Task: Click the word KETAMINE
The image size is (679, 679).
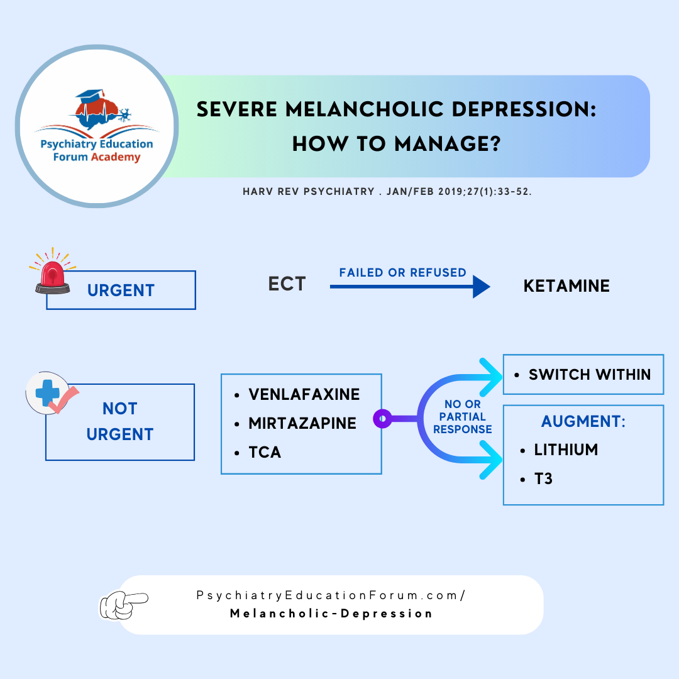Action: (566, 287)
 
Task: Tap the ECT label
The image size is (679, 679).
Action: (287, 284)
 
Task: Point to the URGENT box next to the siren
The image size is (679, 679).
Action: (121, 290)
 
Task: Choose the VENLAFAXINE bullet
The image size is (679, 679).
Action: (304, 394)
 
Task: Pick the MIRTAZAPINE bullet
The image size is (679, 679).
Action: (302, 423)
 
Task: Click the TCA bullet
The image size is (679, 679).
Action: (265, 452)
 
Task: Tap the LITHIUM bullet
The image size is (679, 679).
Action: (566, 450)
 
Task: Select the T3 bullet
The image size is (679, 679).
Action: (543, 480)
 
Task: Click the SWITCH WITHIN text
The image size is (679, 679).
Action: (589, 375)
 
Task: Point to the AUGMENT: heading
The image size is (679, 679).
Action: (583, 421)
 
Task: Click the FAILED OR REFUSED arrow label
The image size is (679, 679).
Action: (402, 273)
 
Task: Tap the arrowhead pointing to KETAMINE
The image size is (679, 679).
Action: (481, 287)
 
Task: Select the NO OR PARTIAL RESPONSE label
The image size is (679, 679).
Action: (462, 417)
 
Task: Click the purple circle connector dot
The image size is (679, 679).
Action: (382, 418)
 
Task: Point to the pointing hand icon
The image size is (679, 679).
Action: (124, 604)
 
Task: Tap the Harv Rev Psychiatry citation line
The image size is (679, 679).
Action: (387, 191)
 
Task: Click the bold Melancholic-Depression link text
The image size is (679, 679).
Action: (331, 614)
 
